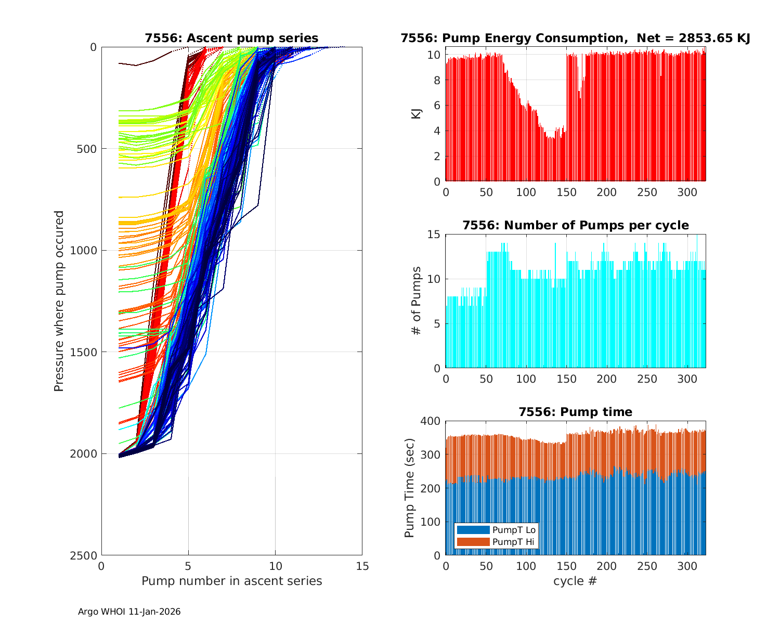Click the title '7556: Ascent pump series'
click(231, 38)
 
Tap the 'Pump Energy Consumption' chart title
click(575, 38)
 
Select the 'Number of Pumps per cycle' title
click(575, 225)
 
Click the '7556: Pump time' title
click(575, 412)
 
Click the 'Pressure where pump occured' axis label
click(59, 301)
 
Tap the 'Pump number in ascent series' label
click(231, 581)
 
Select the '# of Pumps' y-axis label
click(417, 301)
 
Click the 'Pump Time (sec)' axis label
click(410, 488)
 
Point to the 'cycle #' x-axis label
click(575, 581)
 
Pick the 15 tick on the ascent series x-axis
click(362, 566)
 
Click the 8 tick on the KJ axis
click(438, 81)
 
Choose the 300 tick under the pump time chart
click(687, 566)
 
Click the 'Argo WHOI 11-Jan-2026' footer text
click(129, 612)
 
